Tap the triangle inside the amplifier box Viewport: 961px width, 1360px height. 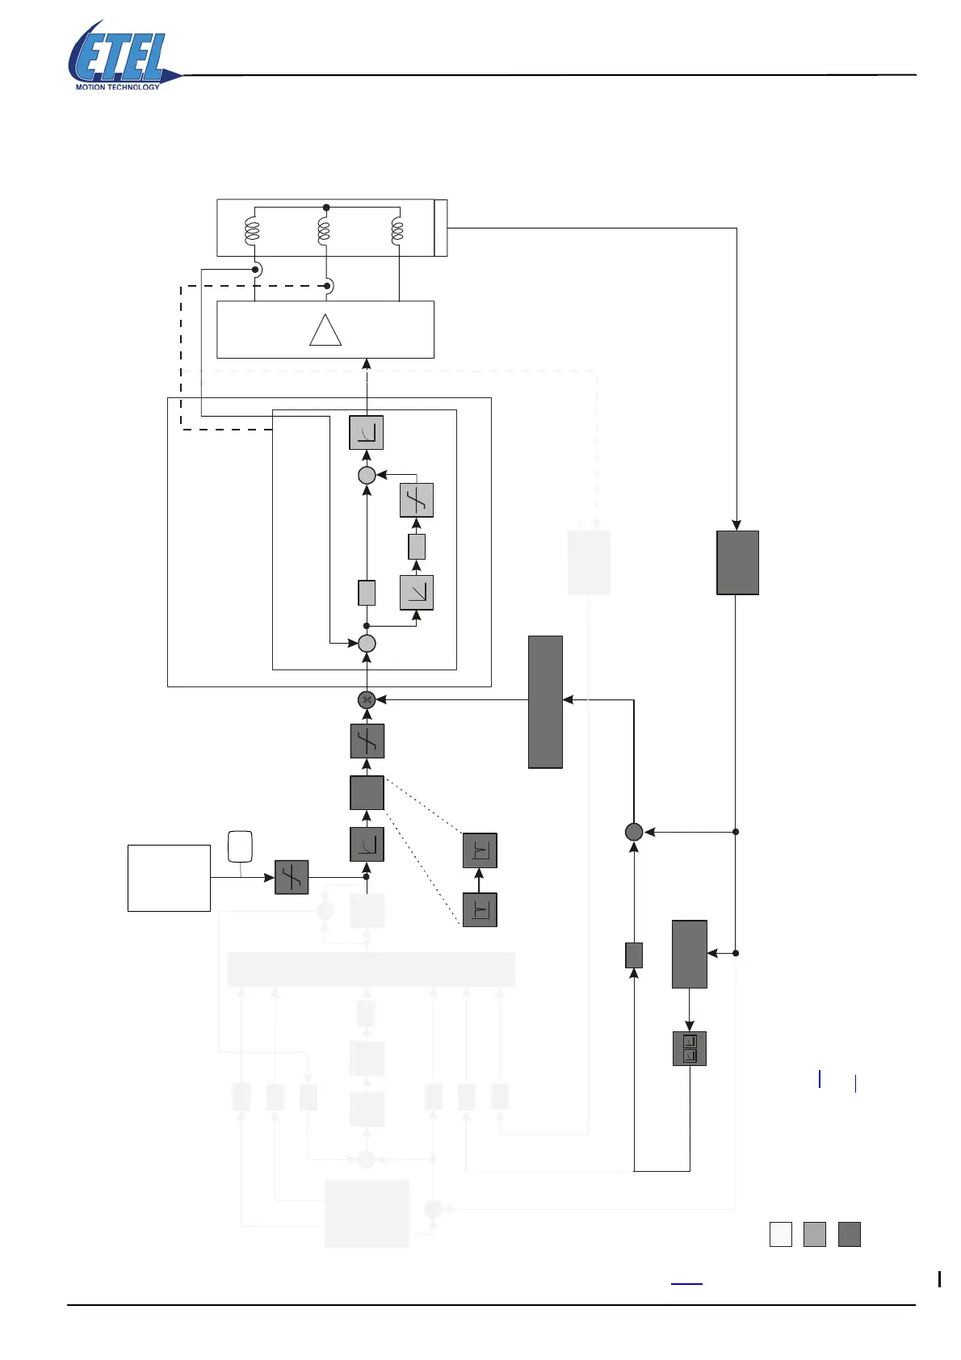click(325, 330)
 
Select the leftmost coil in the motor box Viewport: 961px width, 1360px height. click(252, 231)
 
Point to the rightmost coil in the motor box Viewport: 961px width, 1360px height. click(397, 231)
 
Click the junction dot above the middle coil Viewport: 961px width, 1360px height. click(326, 208)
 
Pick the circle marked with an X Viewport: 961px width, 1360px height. click(367, 699)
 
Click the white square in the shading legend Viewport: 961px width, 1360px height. click(781, 1234)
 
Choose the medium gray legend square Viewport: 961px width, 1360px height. click(815, 1234)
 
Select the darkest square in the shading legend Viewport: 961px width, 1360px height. click(850, 1234)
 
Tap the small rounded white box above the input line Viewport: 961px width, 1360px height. click(241, 846)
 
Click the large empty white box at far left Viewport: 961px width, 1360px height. click(169, 878)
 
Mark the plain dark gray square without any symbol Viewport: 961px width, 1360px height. click(367, 792)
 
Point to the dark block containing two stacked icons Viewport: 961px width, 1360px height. click(690, 1048)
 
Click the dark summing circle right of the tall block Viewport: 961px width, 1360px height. click(634, 831)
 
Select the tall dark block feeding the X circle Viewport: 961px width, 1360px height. click(545, 701)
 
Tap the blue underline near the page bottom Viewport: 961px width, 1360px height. click(686, 1283)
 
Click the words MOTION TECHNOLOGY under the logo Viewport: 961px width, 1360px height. click(118, 86)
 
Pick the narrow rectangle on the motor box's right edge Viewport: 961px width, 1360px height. click(441, 228)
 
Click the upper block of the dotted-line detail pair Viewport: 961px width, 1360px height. click(480, 850)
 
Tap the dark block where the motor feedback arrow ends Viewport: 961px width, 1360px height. click(737, 562)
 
